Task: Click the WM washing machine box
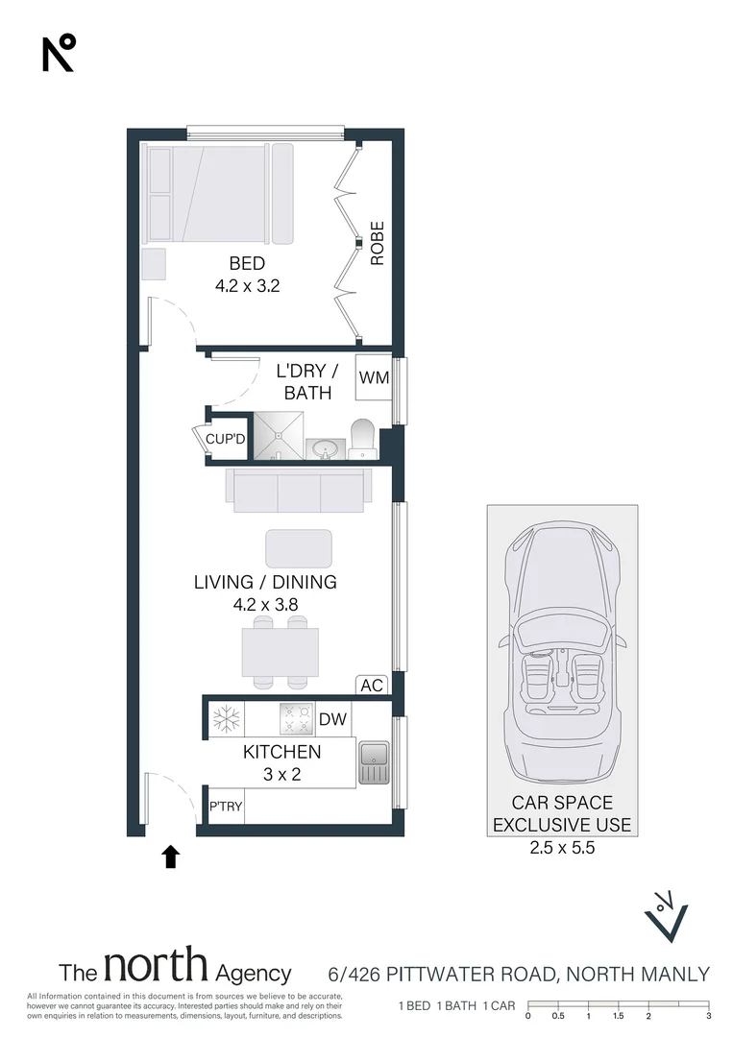[373, 377]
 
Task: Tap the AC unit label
[372, 686]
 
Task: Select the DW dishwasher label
[332, 719]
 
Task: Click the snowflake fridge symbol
[227, 719]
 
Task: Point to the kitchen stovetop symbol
[297, 719]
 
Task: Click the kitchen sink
[374, 762]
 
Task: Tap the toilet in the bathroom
[362, 438]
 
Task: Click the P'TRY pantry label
[226, 807]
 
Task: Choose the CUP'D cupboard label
[226, 439]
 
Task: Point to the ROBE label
[378, 243]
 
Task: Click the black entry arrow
[171, 856]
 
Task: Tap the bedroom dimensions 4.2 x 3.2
[248, 286]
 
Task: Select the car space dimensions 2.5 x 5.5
[562, 847]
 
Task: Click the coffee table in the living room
[299, 548]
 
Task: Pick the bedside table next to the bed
[154, 264]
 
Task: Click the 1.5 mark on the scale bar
[618, 1016]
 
